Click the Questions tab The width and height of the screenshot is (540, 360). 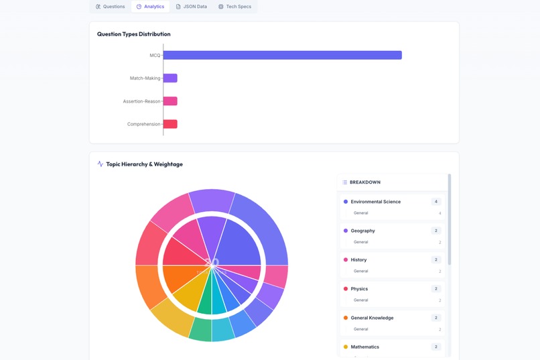pos(111,7)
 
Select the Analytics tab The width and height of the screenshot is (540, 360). pos(150,7)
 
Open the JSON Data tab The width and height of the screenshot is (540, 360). pos(192,7)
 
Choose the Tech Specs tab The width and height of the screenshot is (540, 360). pos(235,7)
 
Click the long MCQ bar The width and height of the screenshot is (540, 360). pos(282,55)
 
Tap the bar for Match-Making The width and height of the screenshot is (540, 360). pos(170,78)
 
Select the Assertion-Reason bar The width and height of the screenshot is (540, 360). pos(170,101)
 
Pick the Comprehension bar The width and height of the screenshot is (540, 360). pos(170,124)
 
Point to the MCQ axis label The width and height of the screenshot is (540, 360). pos(155,55)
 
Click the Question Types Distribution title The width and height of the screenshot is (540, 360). pos(133,34)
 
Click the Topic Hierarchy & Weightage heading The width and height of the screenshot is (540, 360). pos(144,164)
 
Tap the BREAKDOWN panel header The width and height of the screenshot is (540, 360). pos(365,182)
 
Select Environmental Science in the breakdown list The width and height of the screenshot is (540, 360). pos(375,202)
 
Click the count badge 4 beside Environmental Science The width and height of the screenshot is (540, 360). pos(436,202)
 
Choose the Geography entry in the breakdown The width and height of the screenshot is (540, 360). pos(362,231)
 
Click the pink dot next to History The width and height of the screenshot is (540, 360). pos(346,260)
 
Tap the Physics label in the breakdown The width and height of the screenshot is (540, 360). pos(359,289)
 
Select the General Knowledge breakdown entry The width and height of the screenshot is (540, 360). pos(372,318)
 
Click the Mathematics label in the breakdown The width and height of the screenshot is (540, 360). pos(364,347)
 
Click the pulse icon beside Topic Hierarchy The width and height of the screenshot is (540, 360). pos(100,164)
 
